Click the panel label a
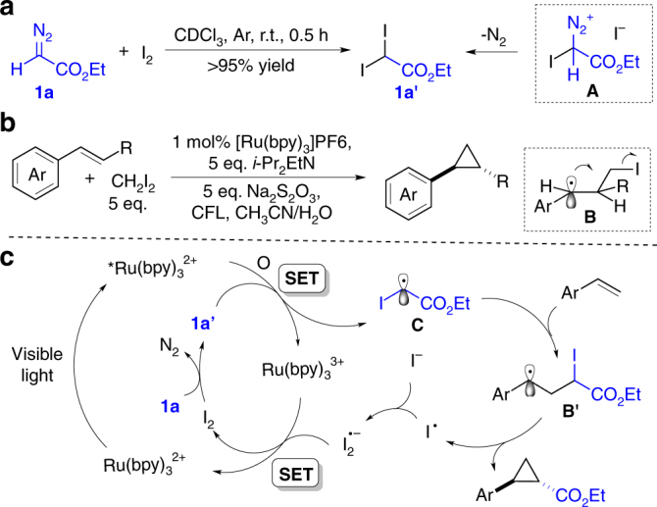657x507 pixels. (9, 12)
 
